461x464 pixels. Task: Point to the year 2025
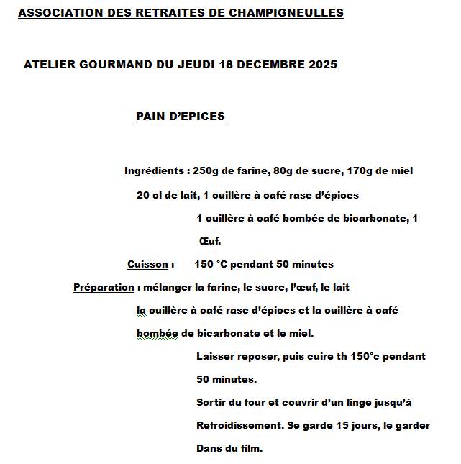[323, 65]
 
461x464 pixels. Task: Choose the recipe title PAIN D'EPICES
[180, 117]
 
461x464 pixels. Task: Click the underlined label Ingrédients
[154, 171]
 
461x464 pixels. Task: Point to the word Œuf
[209, 241]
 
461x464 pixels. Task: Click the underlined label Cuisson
[147, 264]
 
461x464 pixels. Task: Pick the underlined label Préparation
[104, 287]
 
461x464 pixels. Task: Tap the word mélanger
[167, 287]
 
